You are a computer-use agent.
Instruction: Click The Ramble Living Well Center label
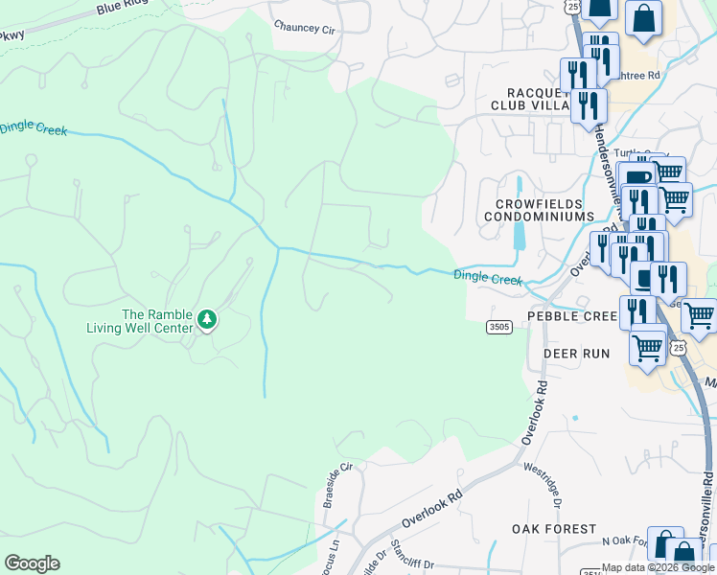click(158, 322)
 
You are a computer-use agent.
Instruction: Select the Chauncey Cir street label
click(304, 29)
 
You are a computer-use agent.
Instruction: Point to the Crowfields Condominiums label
click(545, 210)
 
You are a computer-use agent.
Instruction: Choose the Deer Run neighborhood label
click(576, 354)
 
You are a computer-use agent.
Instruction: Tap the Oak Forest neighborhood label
click(553, 529)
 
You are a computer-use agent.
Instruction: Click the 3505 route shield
click(498, 327)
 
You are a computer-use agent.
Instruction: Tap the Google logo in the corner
click(32, 563)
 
